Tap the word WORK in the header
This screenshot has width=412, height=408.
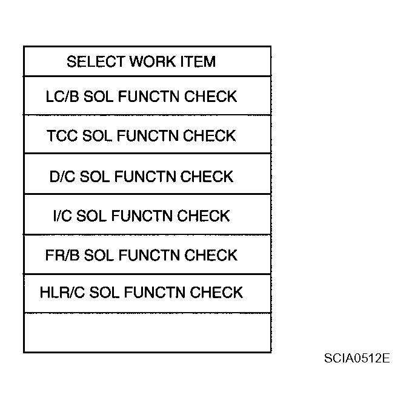coord(153,61)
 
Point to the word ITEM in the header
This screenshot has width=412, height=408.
coord(198,61)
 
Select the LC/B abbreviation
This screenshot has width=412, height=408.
coord(62,97)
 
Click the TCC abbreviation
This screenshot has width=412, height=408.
coord(62,136)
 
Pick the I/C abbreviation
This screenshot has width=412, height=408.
coord(62,216)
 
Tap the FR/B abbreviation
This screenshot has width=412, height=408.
coord(62,256)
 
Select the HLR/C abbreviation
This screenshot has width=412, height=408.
coord(62,293)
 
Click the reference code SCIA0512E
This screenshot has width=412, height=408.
coord(357,358)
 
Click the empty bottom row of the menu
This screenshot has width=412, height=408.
coord(147,333)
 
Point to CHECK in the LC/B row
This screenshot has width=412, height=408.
coord(210,97)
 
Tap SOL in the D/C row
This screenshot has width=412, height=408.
coord(95,176)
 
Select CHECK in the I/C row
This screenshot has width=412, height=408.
coord(204,216)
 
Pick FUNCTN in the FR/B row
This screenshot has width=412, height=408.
coord(149,256)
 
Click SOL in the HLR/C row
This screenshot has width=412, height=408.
coord(104,293)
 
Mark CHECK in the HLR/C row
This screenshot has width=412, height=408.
coord(216,293)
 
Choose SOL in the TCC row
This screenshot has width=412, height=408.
coord(97,136)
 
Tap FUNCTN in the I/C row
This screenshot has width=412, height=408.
coord(142,216)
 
